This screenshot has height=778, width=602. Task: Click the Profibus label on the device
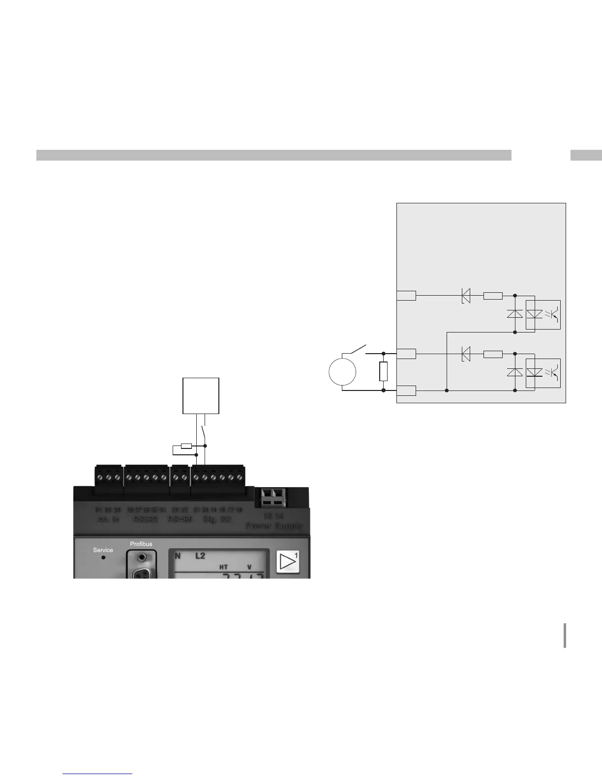click(x=141, y=544)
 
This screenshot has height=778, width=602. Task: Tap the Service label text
click(x=103, y=550)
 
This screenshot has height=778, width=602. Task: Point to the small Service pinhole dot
click(x=103, y=557)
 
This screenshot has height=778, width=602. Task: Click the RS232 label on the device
click(x=146, y=519)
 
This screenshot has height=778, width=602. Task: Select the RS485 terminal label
click(x=180, y=519)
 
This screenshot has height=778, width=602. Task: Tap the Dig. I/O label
click(x=217, y=519)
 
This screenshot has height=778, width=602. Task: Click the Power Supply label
click(x=274, y=526)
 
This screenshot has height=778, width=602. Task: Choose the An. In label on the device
click(x=108, y=519)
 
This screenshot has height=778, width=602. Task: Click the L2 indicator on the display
click(x=200, y=556)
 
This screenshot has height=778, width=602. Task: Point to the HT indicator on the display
click(x=223, y=567)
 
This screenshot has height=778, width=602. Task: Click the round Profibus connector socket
click(x=142, y=557)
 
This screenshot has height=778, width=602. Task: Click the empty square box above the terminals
click(x=201, y=395)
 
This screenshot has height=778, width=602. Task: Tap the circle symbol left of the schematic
click(x=342, y=372)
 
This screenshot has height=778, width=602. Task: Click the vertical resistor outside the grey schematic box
click(x=384, y=371)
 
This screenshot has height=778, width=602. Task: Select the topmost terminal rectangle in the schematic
click(x=406, y=296)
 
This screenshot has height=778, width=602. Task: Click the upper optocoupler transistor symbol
click(x=553, y=314)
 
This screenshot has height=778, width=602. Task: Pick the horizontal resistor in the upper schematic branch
click(x=493, y=296)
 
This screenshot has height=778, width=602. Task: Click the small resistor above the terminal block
click(x=186, y=446)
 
